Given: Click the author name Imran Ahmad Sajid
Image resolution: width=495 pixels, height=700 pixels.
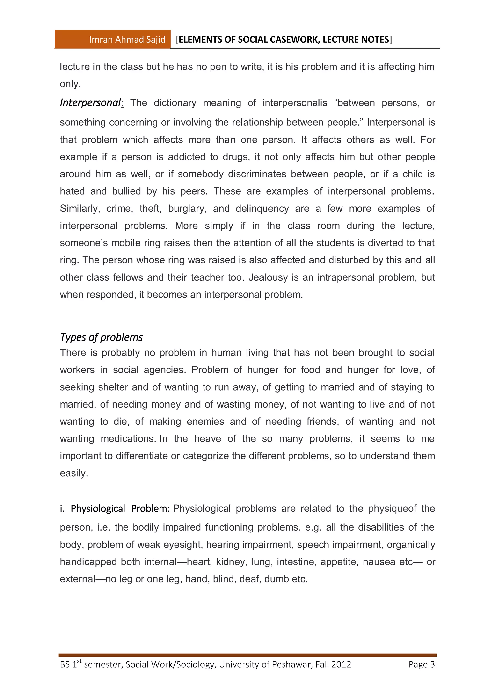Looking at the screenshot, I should coord(127,39).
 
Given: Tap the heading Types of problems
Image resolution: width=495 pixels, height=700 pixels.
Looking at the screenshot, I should coord(101,337).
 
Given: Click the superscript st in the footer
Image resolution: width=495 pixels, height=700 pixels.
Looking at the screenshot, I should coord(80,661).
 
